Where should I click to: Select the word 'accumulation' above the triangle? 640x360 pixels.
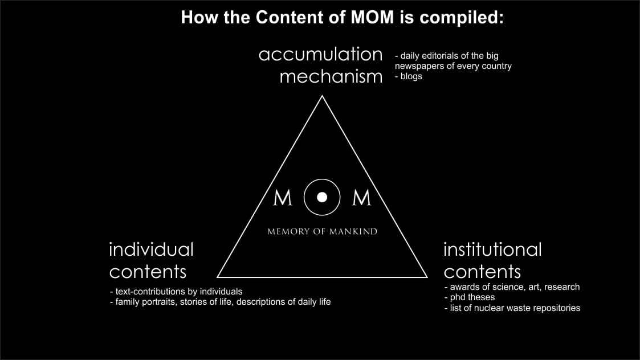tap(320, 54)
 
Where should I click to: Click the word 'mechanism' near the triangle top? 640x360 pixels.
tap(331, 76)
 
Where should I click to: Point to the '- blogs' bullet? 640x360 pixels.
tap(408, 76)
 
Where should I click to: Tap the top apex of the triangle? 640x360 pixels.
tap(322, 96)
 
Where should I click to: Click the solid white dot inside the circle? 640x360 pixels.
tap(322, 197)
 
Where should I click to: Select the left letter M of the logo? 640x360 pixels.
tap(283, 198)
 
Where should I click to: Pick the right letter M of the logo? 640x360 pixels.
tap(362, 198)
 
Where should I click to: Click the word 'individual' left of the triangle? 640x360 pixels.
tap(151, 249)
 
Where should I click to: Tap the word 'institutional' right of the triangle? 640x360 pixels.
tap(492, 249)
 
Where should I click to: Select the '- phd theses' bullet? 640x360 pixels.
tap(470, 297)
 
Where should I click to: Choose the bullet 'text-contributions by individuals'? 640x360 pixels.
tap(176, 292)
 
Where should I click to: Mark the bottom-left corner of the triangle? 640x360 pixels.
tap(218, 277)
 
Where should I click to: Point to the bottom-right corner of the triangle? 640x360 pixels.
tap(427, 277)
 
